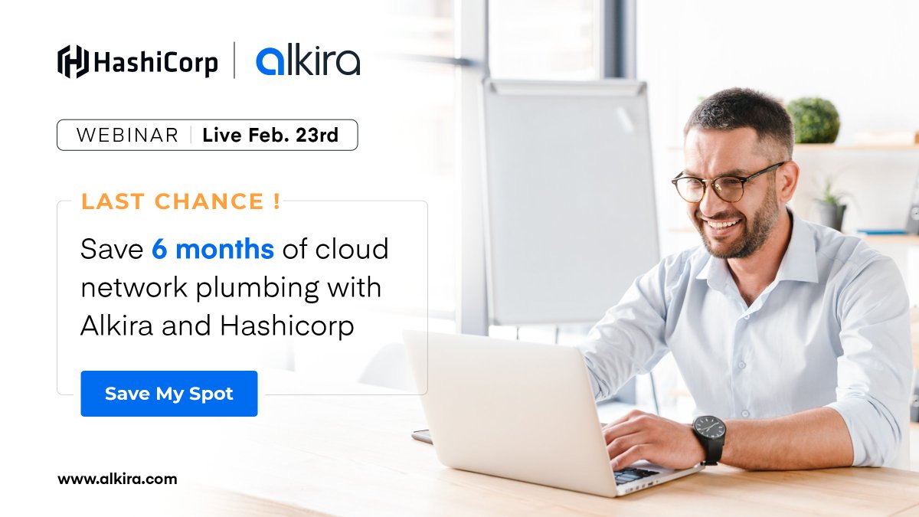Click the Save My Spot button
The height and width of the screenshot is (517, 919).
click(168, 394)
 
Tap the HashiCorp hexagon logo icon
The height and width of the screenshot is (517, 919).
click(74, 61)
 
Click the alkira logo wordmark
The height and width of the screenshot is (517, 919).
click(308, 61)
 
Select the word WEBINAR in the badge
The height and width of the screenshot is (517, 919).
click(127, 136)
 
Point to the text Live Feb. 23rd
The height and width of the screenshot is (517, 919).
click(270, 136)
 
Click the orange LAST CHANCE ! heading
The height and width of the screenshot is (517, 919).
click(181, 201)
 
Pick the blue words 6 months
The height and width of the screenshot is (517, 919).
click(213, 249)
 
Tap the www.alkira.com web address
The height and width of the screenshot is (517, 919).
click(117, 479)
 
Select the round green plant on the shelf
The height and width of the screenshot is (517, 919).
click(813, 120)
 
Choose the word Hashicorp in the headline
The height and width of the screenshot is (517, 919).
click(287, 326)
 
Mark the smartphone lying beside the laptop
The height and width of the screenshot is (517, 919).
click(421, 436)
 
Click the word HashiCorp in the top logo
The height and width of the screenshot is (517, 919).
click(156, 62)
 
